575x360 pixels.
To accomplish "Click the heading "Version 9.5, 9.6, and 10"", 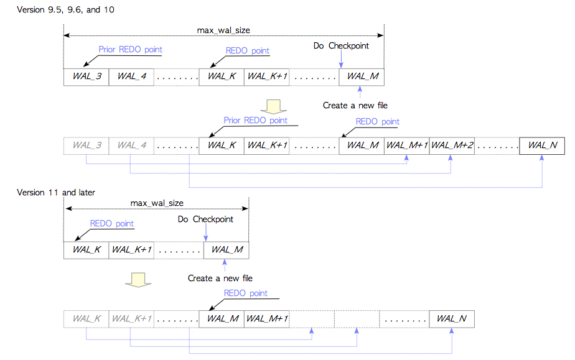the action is pos(65,9).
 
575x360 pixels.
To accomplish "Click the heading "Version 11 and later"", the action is pos(56,192).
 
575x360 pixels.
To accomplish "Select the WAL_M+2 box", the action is pos(452,145).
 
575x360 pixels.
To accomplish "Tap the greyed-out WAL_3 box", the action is pos(86,145).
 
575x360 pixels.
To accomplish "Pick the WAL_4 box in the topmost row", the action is pos(131,76).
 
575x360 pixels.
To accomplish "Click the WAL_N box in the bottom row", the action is pos(452,318).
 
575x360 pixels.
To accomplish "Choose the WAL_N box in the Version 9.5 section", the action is pos(542,145).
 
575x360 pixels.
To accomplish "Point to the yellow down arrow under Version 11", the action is pos(138,280).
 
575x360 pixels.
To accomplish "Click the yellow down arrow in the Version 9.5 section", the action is pos(273,106).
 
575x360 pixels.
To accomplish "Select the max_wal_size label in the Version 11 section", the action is pos(157,203).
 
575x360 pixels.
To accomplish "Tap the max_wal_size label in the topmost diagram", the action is pos(223,30).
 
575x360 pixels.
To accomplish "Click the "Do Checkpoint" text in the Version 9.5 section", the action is pos(341,46).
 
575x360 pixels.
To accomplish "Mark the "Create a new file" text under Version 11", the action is pos(220,279).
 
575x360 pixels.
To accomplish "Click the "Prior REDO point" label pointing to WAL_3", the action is pos(131,50).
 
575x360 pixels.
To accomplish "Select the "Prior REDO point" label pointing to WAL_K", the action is pos(256,120).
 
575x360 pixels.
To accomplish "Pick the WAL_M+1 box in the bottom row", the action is pos(267,318).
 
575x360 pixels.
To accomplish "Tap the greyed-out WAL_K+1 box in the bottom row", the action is pos(131,318).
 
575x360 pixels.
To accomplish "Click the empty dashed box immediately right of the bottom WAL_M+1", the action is pos(312,318).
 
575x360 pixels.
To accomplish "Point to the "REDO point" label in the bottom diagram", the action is pos(246,293).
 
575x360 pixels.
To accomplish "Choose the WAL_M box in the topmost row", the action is pos(362,76).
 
